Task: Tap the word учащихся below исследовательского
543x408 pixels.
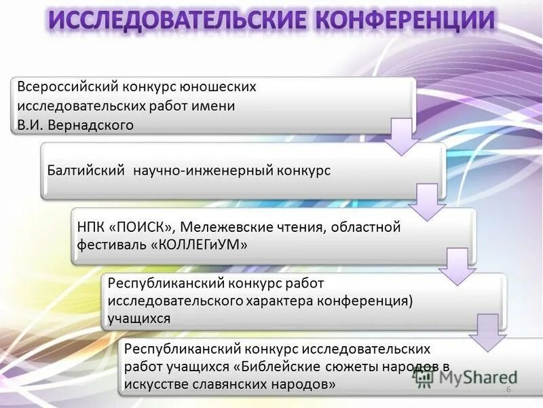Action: [138, 318]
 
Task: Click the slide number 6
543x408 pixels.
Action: [508, 389]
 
